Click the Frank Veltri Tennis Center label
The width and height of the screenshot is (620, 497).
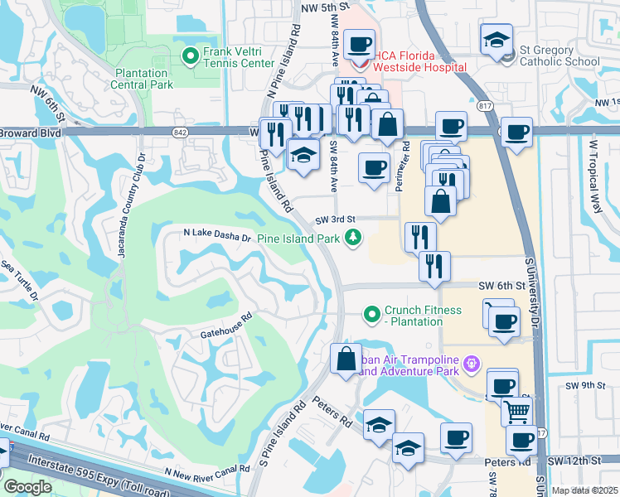(240, 57)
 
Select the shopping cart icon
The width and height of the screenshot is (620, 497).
(516, 409)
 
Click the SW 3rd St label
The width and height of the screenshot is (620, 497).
(334, 220)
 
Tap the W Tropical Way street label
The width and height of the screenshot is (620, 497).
(593, 175)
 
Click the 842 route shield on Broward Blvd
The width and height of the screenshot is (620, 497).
(179, 131)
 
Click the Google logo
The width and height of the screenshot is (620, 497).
(27, 488)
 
